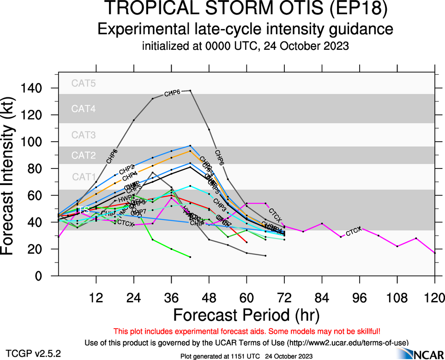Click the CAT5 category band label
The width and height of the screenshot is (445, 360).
tap(84, 84)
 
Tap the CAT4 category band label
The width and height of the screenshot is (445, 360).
tap(84, 109)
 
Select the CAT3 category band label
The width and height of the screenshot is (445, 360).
tap(84, 135)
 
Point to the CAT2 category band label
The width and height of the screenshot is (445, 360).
tap(84, 156)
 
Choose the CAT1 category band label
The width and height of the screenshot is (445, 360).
tap(84, 177)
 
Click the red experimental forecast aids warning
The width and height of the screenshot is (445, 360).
tap(247, 331)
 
